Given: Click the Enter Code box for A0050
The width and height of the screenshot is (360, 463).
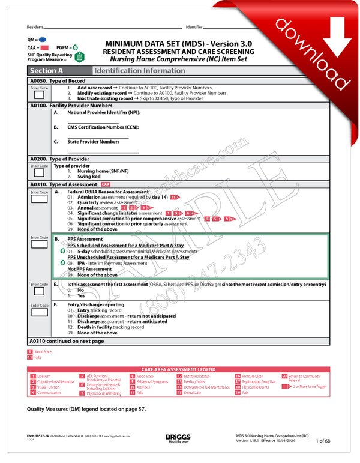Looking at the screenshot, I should tap(39, 94).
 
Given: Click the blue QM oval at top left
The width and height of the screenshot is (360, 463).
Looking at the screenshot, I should tap(42, 38).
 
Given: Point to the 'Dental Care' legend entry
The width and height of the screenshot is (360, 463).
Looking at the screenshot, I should tap(192, 393).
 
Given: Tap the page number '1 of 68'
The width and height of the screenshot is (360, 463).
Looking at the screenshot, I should tap(325, 441).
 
